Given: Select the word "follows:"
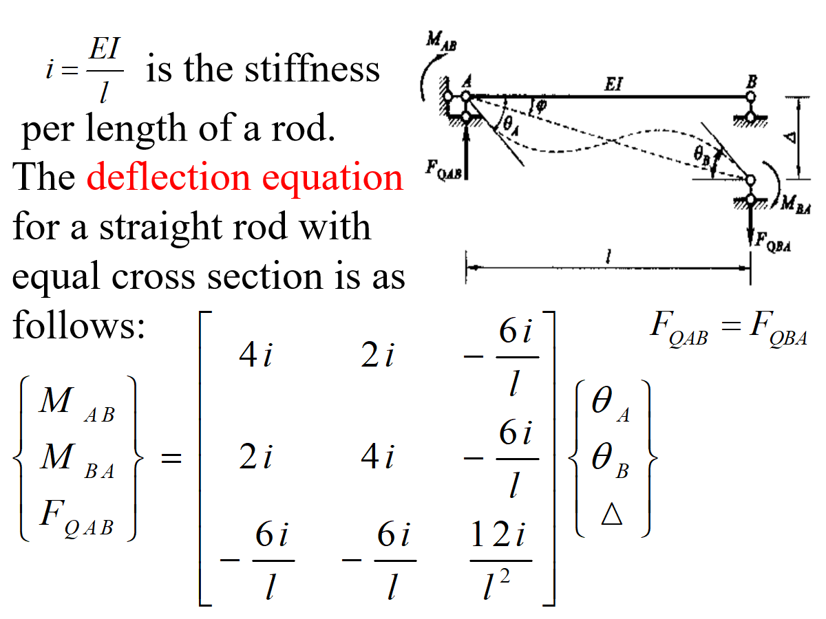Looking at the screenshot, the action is (x=78, y=326).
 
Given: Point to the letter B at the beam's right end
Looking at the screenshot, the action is (x=752, y=81).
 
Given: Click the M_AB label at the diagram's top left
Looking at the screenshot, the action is (x=440, y=43).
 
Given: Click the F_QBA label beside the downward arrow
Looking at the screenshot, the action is (x=773, y=241).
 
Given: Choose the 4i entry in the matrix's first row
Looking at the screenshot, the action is (x=255, y=358).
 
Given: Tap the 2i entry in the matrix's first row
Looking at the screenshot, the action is (x=378, y=358).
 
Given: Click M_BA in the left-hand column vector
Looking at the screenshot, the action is (x=76, y=459).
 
